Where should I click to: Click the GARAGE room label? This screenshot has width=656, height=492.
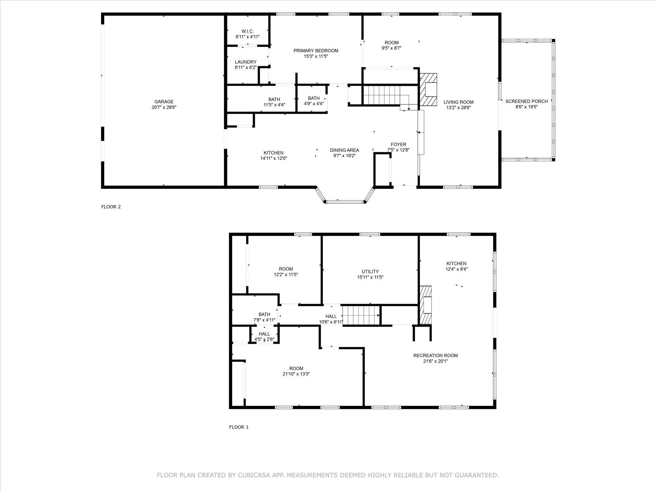pyautogui.click(x=164, y=102)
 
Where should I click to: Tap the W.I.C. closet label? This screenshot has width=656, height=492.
pyautogui.click(x=248, y=31)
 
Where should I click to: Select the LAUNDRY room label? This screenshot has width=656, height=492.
pyautogui.click(x=246, y=62)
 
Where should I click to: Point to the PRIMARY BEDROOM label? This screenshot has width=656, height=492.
pyautogui.click(x=316, y=51)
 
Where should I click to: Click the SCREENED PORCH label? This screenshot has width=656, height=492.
pyautogui.click(x=526, y=101)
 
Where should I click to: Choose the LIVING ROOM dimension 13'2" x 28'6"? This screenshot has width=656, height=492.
pyautogui.click(x=459, y=108)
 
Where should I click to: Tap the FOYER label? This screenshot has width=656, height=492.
pyautogui.click(x=398, y=144)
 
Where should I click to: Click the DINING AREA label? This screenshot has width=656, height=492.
pyautogui.click(x=344, y=150)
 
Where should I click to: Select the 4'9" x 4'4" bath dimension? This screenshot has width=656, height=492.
pyautogui.click(x=314, y=104)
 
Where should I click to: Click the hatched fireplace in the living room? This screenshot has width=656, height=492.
pyautogui.click(x=428, y=89)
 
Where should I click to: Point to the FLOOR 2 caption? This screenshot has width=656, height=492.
pyautogui.click(x=111, y=207)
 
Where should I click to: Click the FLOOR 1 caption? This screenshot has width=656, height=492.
pyautogui.click(x=239, y=427)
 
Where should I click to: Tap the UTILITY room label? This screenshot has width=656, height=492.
pyautogui.click(x=370, y=272)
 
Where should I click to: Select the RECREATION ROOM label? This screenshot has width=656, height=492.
pyautogui.click(x=435, y=356)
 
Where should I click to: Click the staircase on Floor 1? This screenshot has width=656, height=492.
pyautogui.click(x=361, y=315)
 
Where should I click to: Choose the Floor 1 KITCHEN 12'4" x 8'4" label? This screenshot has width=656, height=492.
pyautogui.click(x=456, y=264)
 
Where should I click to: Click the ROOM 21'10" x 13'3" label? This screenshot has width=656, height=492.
pyautogui.click(x=296, y=368)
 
